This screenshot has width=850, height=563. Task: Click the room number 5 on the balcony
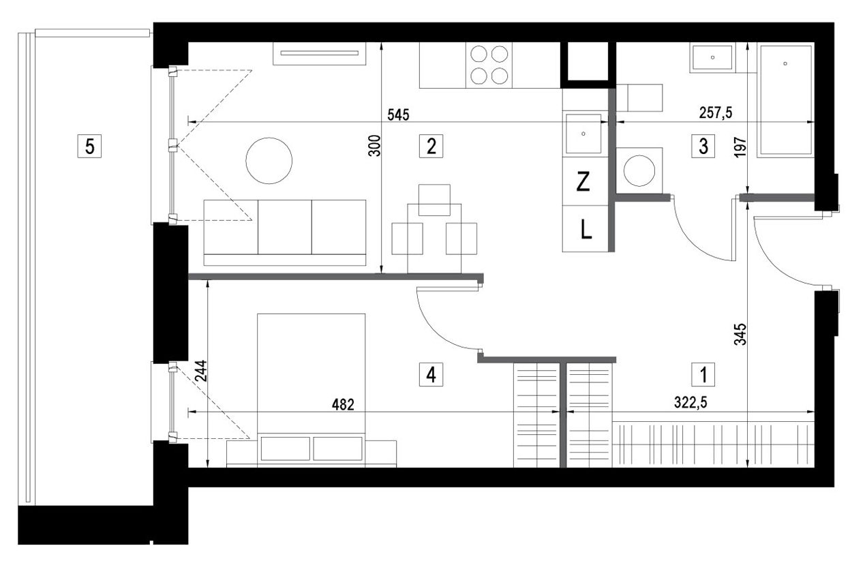coord(89,146)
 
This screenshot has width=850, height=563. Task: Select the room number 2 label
coord(431,146)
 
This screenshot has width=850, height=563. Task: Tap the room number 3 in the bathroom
coord(703,146)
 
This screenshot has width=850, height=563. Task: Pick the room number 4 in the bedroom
coord(431,375)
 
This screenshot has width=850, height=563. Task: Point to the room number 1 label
coord(703,375)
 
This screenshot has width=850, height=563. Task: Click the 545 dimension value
coord(399,115)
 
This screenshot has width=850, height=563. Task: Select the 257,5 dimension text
coord(716,112)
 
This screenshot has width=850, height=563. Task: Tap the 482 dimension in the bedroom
coord(343,405)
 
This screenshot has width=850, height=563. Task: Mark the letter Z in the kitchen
coord(583,182)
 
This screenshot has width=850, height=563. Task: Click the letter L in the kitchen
coord(586,229)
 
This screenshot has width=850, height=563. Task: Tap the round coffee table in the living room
coord(269,160)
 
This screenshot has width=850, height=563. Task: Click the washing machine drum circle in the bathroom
coord(639,170)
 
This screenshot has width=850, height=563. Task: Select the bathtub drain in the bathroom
coord(785,63)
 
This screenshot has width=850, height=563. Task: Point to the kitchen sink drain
coord(583,134)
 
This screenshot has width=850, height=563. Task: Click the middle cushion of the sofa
coord(285,227)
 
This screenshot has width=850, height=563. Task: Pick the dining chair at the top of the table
coord(434,200)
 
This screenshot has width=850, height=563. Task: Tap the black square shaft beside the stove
coord(588,61)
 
